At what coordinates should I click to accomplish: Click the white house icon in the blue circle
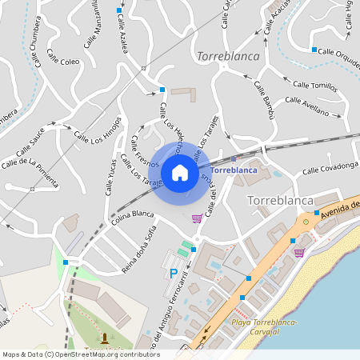(180, 172)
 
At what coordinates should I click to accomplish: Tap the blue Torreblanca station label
(236, 170)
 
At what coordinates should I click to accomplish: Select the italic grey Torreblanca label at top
(226, 58)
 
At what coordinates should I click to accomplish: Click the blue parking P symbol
(174, 274)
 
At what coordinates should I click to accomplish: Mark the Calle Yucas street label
(110, 177)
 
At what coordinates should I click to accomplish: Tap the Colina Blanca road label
(132, 216)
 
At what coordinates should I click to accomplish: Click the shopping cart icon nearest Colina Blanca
(197, 218)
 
